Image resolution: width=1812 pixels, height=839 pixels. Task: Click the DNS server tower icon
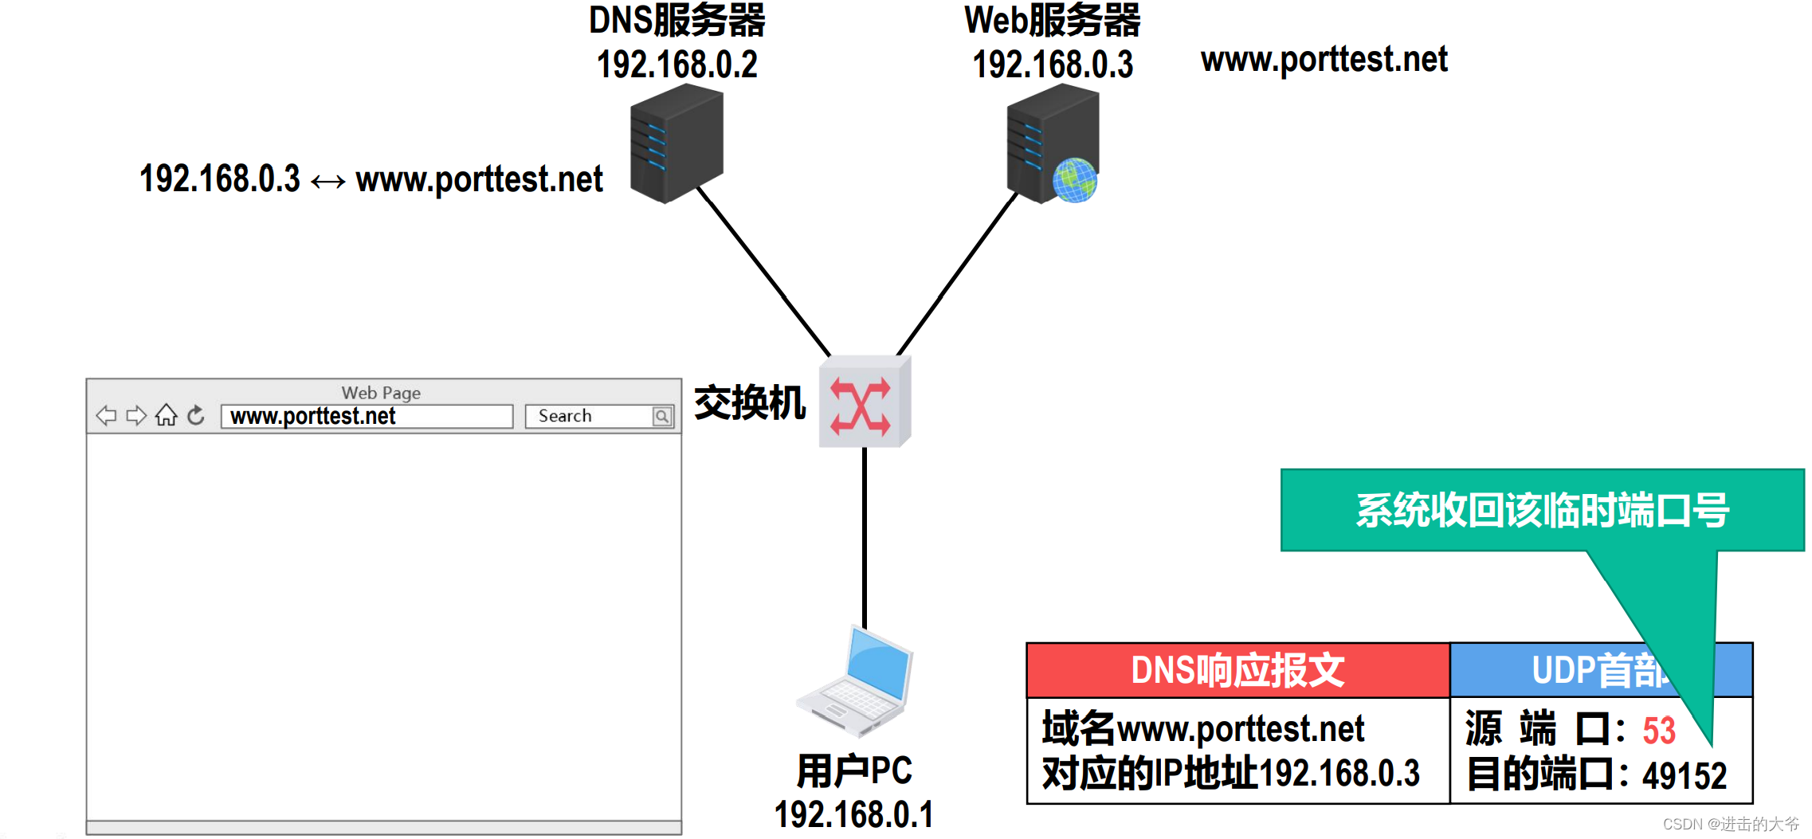(676, 147)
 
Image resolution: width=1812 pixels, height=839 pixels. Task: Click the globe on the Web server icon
(1074, 180)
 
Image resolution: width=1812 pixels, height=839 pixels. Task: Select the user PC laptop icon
(857, 682)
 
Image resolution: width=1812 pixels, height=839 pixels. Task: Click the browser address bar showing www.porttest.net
(367, 417)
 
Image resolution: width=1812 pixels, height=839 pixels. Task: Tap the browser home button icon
(166, 415)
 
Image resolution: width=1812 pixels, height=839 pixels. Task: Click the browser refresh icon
(196, 415)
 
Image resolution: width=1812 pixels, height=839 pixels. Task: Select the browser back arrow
(106, 415)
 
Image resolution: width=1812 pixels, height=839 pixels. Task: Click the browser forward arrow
(136, 415)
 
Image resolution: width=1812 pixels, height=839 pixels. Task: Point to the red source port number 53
(1658, 731)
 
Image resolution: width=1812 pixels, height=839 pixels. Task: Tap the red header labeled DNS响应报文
(1237, 671)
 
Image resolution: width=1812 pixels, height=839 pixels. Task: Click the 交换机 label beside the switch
(750, 403)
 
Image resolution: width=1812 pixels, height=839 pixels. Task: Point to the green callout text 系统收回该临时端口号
(1542, 511)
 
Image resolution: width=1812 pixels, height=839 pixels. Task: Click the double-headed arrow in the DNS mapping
(327, 182)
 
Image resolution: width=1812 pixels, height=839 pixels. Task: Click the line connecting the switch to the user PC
(865, 534)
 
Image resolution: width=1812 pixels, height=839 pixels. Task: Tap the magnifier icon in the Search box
(661, 416)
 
